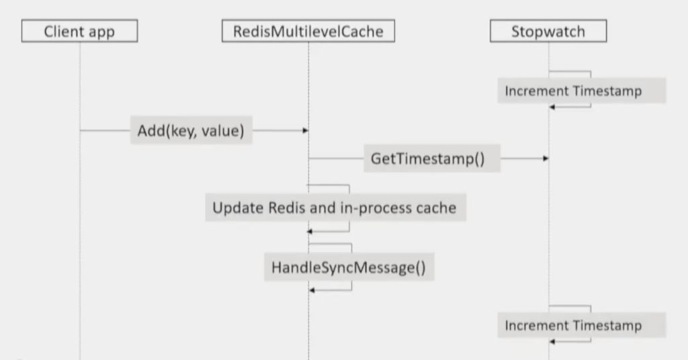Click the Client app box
point(79,31)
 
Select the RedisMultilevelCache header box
point(308,31)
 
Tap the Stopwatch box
point(548,31)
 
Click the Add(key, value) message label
point(191,130)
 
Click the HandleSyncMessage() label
point(349,267)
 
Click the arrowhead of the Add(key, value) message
point(306,130)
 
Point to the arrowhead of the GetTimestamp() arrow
point(546,159)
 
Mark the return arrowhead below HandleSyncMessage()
point(312,290)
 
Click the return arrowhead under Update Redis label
point(309,232)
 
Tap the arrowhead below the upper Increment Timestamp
point(552,107)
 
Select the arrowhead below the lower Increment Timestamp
point(552,342)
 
